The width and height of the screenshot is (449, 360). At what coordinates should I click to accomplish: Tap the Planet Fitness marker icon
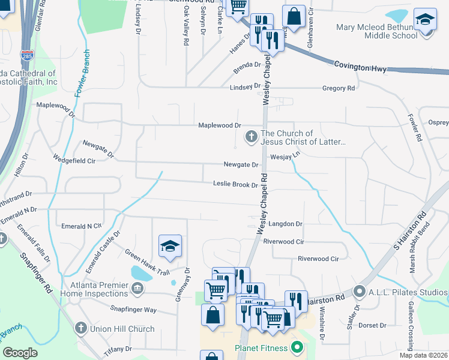coord(297,347)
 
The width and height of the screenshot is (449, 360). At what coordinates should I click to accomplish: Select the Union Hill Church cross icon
coord(80,328)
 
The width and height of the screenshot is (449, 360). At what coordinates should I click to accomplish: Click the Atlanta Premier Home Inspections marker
coord(137,290)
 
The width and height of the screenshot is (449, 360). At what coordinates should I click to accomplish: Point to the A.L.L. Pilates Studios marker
coord(360,292)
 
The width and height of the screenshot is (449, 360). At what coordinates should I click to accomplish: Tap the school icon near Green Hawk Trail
coord(170,246)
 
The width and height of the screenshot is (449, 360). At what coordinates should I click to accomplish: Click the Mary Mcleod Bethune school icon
coord(426,22)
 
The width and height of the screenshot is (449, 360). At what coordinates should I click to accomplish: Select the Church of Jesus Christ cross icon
coord(252,137)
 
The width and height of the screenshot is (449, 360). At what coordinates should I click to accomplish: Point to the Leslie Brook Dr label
coord(235,185)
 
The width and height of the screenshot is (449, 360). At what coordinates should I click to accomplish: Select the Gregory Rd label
coord(339,88)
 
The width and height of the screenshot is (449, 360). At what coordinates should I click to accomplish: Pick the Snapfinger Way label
coord(133,310)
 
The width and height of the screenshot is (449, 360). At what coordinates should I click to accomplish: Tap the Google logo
coord(20,352)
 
